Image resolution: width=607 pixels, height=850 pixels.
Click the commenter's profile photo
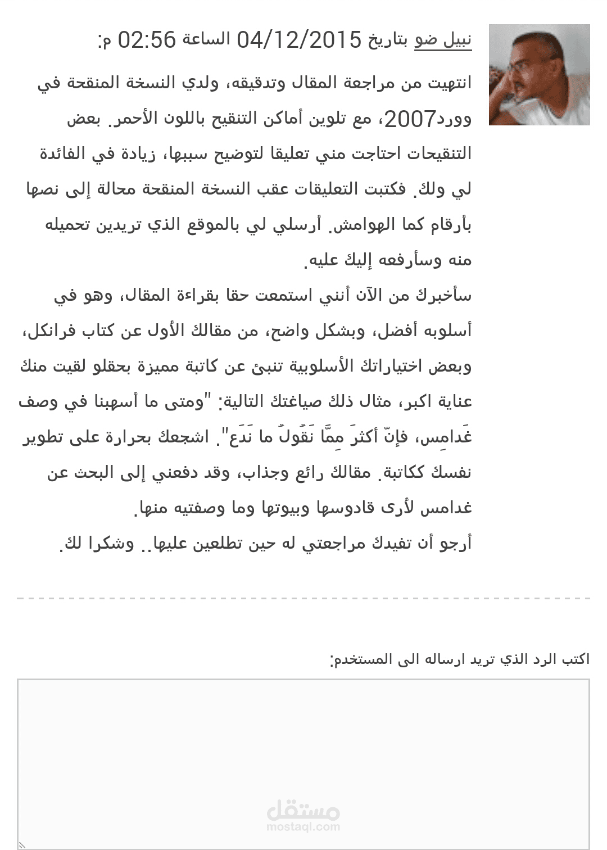pos(539,75)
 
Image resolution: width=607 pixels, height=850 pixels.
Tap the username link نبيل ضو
pos(443,40)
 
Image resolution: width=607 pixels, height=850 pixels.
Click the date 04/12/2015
pos(298,40)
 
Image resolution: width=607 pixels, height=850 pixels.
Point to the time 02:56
pos(147,40)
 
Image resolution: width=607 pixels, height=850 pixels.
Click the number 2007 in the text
pos(410,119)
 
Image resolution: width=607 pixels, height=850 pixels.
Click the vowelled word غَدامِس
pos(444,437)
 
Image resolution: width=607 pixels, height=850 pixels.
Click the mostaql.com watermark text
pos(303,826)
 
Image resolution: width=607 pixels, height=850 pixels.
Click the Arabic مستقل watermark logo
pos(303,810)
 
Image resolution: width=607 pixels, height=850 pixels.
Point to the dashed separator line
pos(303,599)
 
